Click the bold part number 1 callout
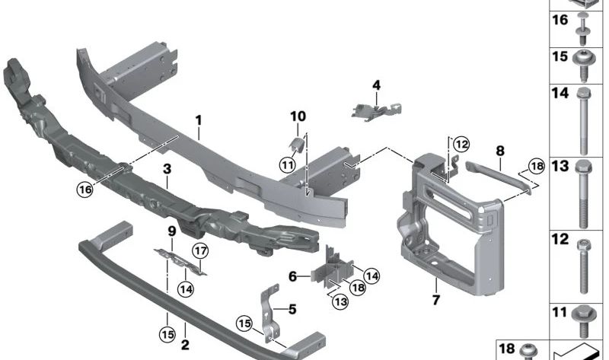pyautogui.click(x=198, y=120)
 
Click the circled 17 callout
pyautogui.click(x=199, y=250)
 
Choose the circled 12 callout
pyautogui.click(x=461, y=143)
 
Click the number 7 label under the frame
pyautogui.click(x=436, y=300)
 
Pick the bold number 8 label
pyautogui.click(x=500, y=152)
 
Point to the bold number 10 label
pyautogui.click(x=297, y=116)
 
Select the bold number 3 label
pyautogui.click(x=167, y=169)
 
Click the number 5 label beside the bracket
pyautogui.click(x=290, y=309)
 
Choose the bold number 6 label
pyautogui.click(x=292, y=277)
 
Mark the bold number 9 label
pyautogui.click(x=171, y=231)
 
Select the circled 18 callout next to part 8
pyautogui.click(x=536, y=166)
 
